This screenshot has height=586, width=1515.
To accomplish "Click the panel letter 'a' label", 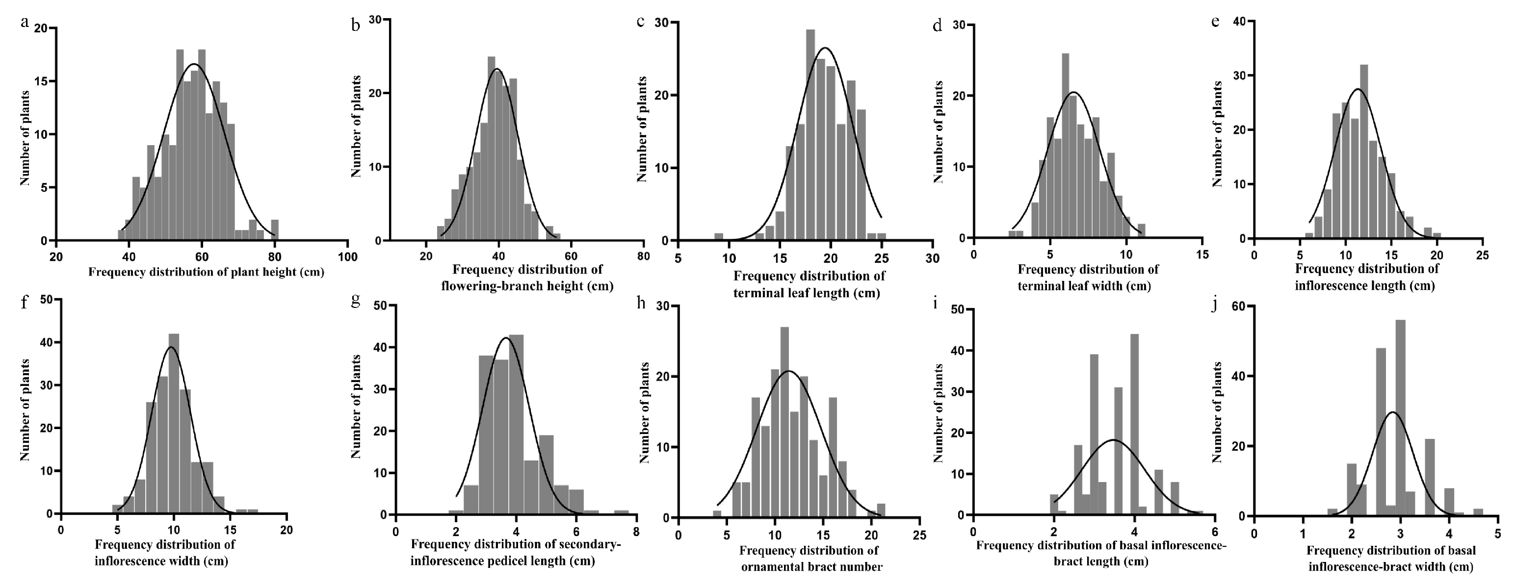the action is (25, 24).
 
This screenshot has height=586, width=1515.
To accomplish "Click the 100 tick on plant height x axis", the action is (347, 257).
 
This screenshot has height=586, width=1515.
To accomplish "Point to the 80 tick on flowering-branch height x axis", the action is (643, 256).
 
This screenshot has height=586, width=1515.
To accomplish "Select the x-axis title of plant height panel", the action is (206, 272).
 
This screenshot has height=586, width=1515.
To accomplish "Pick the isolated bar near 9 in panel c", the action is (719, 237).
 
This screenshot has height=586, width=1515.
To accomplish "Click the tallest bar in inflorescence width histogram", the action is (174, 424).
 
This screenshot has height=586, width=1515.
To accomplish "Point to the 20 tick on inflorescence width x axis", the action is (287, 530).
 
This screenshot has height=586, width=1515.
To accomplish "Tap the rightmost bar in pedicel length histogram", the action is (622, 512).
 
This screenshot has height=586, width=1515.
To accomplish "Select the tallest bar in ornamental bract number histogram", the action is (784, 423).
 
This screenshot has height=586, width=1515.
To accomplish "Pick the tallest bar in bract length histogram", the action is (1134, 424).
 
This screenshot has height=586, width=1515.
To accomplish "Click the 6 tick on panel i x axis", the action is (1214, 531).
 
